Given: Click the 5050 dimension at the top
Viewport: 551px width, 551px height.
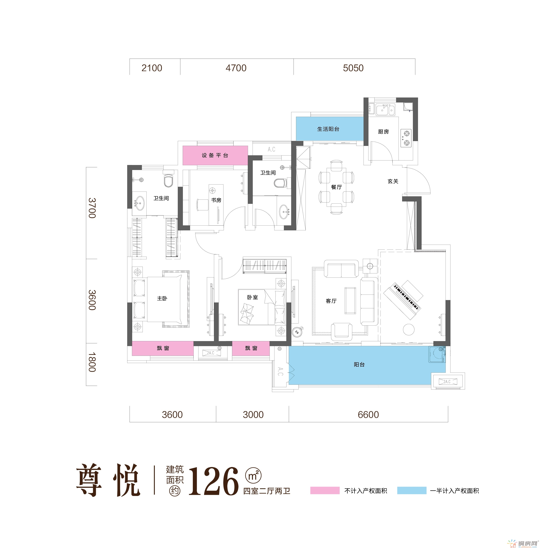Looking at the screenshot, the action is [x=353, y=68].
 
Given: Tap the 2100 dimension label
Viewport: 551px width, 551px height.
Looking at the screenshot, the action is [x=152, y=68].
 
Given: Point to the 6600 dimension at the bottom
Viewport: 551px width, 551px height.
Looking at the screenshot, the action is [x=368, y=415].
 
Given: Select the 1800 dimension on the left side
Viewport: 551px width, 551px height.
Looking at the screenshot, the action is [x=92, y=362].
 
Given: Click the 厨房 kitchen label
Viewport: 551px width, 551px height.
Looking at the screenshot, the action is [x=383, y=132].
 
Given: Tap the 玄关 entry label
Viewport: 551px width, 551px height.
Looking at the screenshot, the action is [x=393, y=181].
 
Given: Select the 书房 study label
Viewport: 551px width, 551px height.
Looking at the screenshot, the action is [x=216, y=200].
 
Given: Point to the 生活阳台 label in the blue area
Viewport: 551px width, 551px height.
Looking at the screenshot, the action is [x=328, y=129].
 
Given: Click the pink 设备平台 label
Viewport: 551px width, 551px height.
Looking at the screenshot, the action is [x=215, y=155].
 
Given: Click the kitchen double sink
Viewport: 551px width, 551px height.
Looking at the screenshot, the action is [x=385, y=109].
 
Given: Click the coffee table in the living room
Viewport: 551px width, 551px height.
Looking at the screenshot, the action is [x=350, y=300].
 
